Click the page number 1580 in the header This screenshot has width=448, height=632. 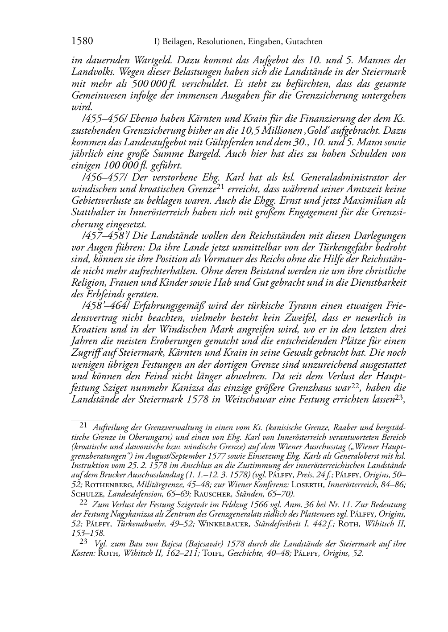(x=82, y=41)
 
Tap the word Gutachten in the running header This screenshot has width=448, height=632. (x=302, y=42)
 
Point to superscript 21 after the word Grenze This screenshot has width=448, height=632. (x=220, y=187)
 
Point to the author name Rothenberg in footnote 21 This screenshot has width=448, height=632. (x=105, y=484)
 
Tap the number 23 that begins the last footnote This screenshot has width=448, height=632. (x=83, y=542)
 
